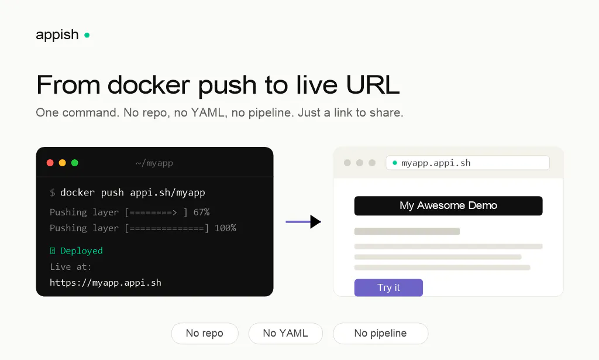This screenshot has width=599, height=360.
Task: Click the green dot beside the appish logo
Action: click(87, 35)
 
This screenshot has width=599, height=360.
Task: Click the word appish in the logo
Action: click(57, 35)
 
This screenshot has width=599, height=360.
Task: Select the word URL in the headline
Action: click(373, 84)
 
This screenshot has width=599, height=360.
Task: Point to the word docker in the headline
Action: click(149, 84)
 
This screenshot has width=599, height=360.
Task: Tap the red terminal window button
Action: click(50, 163)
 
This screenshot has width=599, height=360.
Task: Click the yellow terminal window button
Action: click(62, 163)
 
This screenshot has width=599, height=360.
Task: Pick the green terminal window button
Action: click(75, 163)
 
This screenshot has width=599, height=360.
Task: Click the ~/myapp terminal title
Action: click(154, 163)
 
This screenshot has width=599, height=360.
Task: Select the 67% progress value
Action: click(201, 212)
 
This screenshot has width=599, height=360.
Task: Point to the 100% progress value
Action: click(225, 228)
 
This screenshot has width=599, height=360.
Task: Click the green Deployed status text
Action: click(81, 251)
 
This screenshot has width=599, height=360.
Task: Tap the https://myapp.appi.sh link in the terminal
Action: click(105, 282)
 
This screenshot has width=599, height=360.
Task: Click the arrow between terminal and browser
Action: click(304, 222)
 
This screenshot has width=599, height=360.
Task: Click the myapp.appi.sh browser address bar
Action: click(467, 163)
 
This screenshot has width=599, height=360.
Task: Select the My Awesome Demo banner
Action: click(449, 205)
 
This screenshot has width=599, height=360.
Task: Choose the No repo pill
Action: click(205, 333)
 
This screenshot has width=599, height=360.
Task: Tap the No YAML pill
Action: click(285, 333)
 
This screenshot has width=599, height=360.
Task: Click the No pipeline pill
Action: click(380, 333)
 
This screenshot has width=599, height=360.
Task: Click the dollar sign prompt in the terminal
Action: click(52, 193)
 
